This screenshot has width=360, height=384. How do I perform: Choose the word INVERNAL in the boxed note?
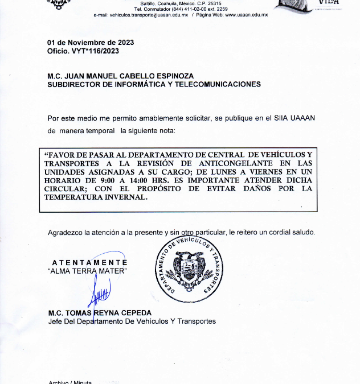tap(124, 197)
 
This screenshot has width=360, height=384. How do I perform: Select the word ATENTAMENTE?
tap(89, 262)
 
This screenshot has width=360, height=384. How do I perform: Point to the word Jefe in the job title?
tap(55, 321)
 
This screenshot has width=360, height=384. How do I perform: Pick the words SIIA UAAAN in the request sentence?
tap(295, 118)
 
